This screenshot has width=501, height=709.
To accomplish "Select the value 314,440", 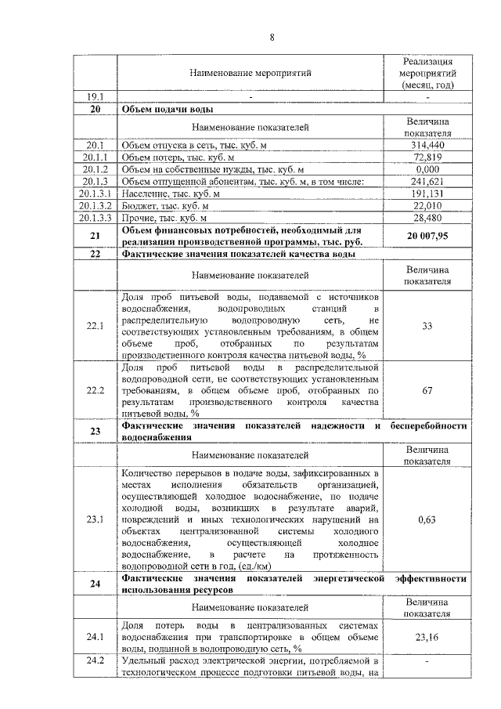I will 427,146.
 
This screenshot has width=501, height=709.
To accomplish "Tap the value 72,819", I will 427,157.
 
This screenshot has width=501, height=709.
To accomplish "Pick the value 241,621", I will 427,182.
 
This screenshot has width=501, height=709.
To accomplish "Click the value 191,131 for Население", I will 427,194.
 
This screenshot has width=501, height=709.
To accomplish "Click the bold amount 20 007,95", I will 427,236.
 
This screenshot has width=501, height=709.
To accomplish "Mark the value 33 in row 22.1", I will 427,325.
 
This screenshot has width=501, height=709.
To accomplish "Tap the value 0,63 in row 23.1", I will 427,519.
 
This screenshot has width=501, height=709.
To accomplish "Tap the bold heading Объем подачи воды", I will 168,109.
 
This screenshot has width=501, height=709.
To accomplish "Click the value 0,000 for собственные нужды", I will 427,169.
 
